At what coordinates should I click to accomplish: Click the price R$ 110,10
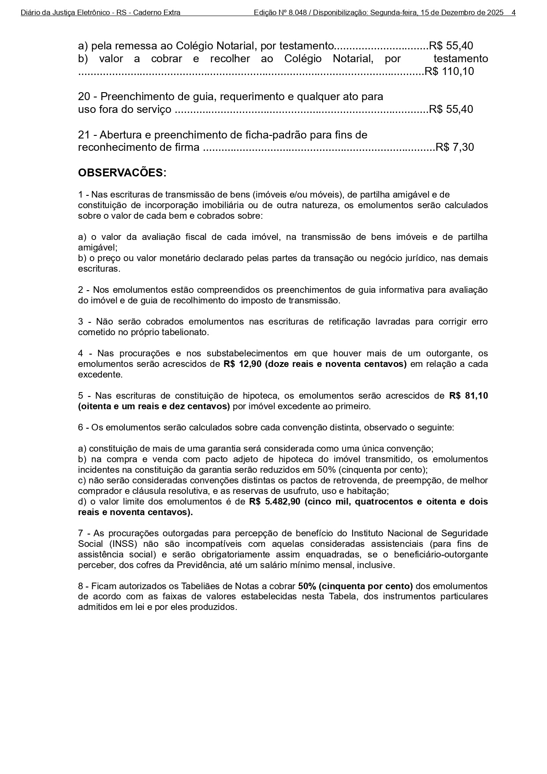[x=449, y=71]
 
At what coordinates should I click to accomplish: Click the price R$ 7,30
[x=454, y=147]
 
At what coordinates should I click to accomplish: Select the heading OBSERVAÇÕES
[x=122, y=173]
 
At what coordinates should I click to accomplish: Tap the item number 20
[x=84, y=97]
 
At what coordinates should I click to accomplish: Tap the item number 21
[x=84, y=135]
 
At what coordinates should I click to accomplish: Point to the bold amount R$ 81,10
[x=468, y=396]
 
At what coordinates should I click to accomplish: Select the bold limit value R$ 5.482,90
[x=275, y=502]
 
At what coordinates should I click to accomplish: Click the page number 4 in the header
[x=514, y=13]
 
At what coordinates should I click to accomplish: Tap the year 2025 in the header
[x=495, y=13]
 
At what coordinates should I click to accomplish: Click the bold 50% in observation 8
[x=307, y=587]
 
